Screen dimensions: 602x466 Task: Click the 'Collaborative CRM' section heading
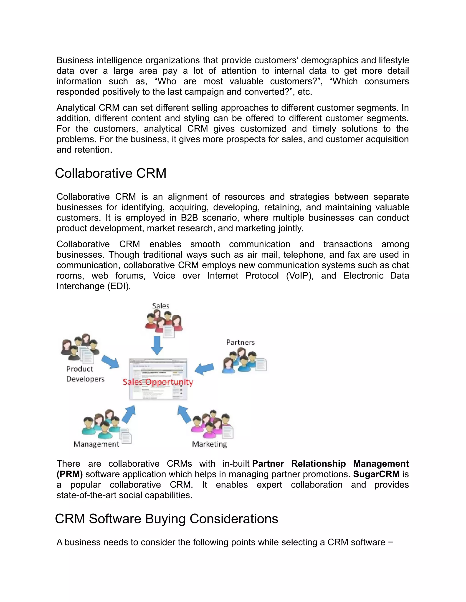[110, 173]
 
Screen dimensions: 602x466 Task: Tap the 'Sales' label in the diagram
[161, 306]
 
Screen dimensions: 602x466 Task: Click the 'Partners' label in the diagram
[240, 342]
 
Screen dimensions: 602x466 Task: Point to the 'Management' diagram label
[96, 444]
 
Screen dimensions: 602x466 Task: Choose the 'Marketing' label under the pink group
[209, 444]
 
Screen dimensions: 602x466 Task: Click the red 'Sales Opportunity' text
[158, 382]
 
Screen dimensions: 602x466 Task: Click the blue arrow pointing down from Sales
[157, 345]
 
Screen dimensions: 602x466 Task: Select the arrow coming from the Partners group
[204, 368]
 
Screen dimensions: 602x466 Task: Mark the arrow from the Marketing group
[184, 414]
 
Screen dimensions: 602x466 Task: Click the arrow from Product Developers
[110, 362]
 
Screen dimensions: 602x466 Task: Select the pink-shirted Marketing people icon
[211, 425]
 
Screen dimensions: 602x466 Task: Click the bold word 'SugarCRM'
[376, 474]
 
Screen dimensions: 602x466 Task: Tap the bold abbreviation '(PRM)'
[70, 474]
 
